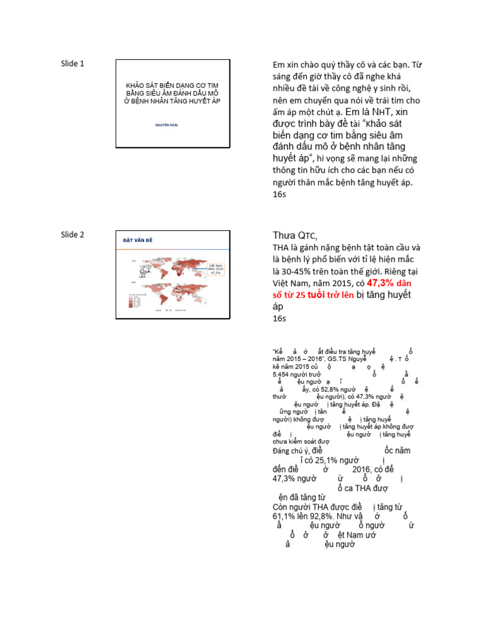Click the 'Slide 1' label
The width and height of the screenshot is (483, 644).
tap(72, 63)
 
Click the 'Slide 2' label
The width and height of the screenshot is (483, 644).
tap(72, 235)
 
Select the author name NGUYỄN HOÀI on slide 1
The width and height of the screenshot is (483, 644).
tap(167, 125)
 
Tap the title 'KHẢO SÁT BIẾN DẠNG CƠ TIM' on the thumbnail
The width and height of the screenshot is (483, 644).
tap(172, 85)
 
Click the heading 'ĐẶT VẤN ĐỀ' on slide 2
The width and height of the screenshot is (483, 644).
tap(138, 241)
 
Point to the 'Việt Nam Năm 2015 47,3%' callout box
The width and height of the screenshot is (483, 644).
tap(216, 269)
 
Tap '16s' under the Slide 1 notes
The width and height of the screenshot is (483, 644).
tap(279, 195)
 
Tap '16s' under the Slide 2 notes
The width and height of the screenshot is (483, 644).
tap(279, 318)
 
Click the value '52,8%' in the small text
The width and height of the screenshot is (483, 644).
tap(336, 389)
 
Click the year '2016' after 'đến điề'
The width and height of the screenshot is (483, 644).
tap(362, 469)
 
